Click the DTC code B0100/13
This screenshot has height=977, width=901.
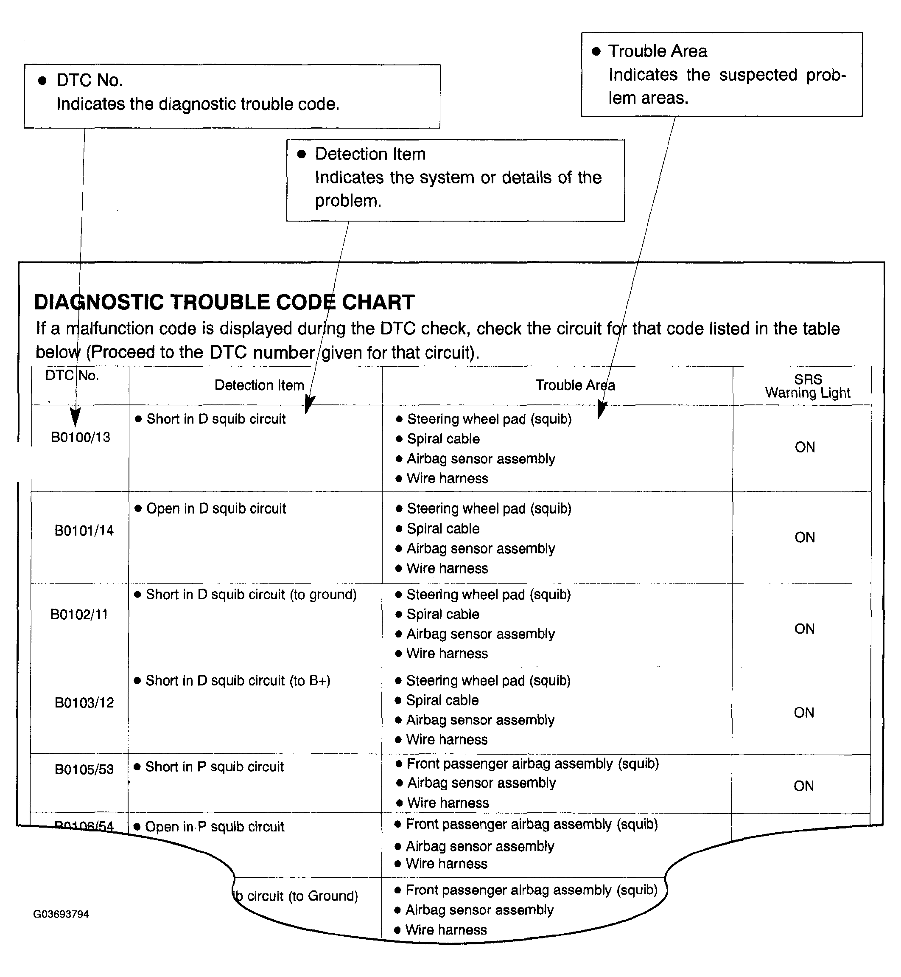pos(81,437)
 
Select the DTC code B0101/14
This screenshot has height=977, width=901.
pos(84,531)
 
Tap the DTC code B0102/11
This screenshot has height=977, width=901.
pos(79,614)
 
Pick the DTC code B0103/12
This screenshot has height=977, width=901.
pos(84,703)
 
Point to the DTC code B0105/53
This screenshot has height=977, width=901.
pos(84,769)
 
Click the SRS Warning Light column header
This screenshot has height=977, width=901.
pos(807,386)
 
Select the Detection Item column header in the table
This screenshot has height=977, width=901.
pos(259,385)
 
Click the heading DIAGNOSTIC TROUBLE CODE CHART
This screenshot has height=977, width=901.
pos(224,303)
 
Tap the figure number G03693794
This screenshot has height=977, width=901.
pos(61,914)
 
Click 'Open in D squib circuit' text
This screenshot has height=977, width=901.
pos(216,509)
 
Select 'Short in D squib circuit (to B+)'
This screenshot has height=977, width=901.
pos(238,681)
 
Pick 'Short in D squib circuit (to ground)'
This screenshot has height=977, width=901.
pos(251,595)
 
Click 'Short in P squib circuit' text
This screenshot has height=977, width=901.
pos(215,767)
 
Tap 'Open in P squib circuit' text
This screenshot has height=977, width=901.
pos(215,827)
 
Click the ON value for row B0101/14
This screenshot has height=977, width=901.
pos(804,538)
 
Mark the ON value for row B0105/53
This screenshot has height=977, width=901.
pos(803,786)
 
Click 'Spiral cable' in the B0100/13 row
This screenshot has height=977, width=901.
pos(443,439)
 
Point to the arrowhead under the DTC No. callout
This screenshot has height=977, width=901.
pos(75,418)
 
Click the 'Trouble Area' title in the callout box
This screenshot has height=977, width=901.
pos(657,51)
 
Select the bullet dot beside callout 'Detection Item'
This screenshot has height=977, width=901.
pos(301,154)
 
